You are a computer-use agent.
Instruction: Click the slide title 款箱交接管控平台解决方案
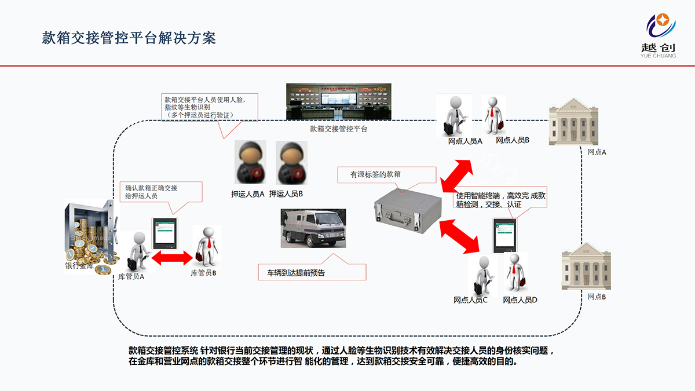(x=129, y=38)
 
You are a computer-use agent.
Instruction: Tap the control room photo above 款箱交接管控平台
(x=338, y=101)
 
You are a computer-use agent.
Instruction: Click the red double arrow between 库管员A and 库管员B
(x=171, y=257)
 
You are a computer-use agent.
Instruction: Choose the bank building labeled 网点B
(x=586, y=266)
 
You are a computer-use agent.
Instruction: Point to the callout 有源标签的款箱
(x=386, y=174)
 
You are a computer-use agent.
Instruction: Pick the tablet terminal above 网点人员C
(x=503, y=235)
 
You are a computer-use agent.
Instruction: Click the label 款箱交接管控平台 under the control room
(x=338, y=129)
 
